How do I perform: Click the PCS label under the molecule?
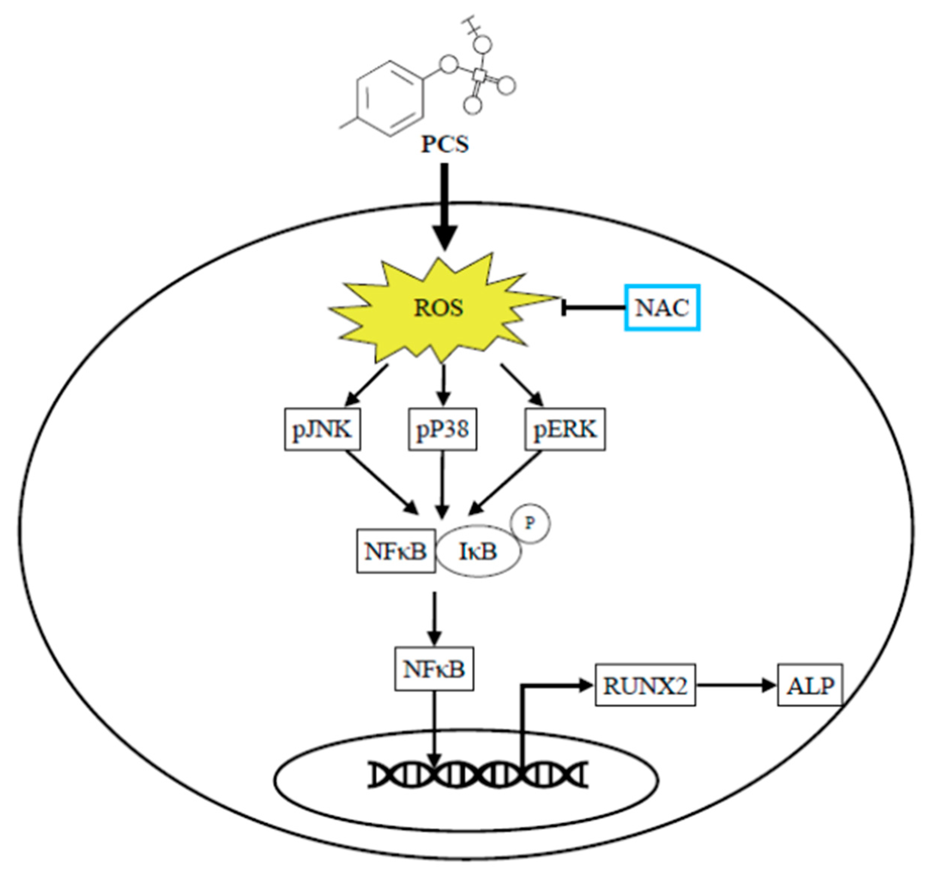click(445, 144)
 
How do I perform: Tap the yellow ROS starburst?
click(439, 308)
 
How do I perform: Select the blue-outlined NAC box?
click(662, 308)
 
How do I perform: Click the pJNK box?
click(322, 429)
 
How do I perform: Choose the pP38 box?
click(443, 429)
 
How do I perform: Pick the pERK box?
click(565, 429)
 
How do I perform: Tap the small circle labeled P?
click(531, 523)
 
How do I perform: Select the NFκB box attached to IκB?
click(396, 551)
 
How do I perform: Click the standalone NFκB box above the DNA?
click(434, 669)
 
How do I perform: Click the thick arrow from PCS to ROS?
click(444, 205)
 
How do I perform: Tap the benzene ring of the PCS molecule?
click(390, 99)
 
